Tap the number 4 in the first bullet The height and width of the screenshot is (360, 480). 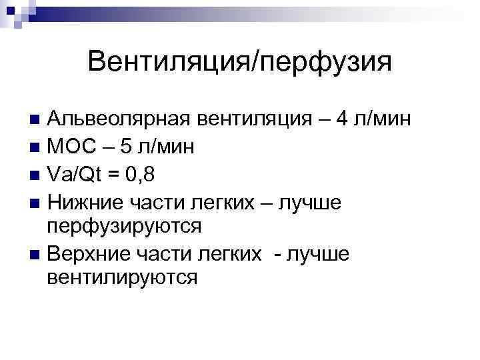(x=342, y=119)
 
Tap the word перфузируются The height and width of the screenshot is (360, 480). (x=124, y=226)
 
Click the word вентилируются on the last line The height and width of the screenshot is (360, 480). (x=122, y=277)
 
